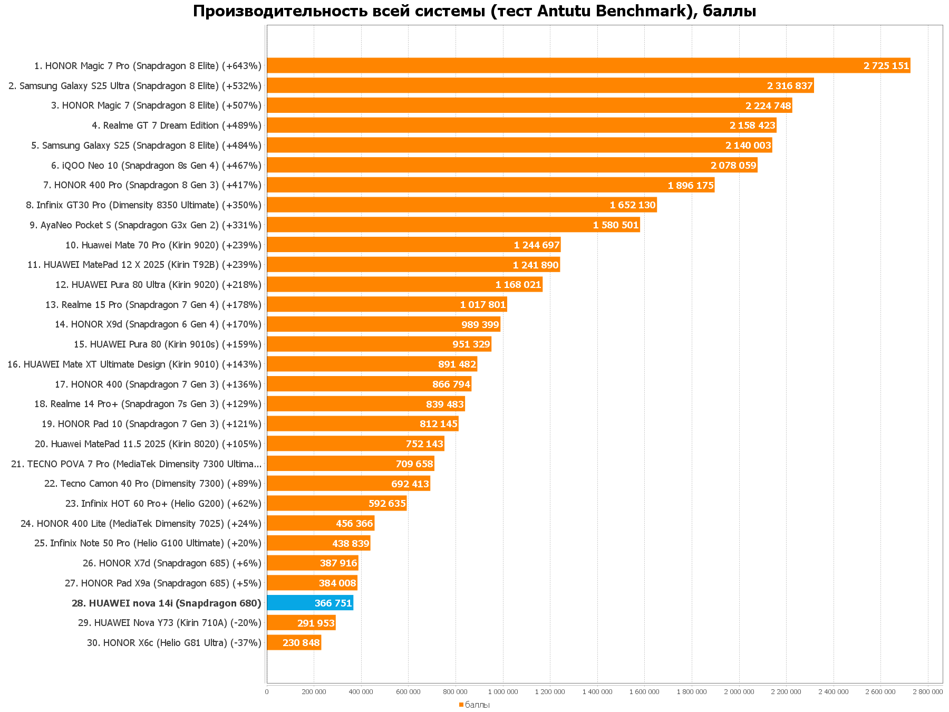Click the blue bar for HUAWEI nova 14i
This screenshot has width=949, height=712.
tap(309, 603)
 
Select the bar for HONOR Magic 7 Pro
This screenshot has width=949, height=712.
tap(588, 65)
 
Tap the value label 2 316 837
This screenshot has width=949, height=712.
tap(790, 85)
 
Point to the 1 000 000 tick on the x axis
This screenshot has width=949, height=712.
tap(502, 691)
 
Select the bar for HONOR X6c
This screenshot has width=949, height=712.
tap(294, 642)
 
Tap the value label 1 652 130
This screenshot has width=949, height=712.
tap(633, 205)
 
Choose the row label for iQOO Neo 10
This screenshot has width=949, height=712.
tap(156, 166)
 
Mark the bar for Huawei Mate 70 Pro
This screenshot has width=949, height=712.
tap(413, 245)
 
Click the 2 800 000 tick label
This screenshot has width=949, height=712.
tap(927, 691)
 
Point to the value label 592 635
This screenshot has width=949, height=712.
tap(387, 504)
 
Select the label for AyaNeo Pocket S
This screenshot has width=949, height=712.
tap(146, 225)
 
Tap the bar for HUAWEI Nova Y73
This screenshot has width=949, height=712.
tap(301, 623)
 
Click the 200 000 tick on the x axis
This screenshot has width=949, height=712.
tap(314, 691)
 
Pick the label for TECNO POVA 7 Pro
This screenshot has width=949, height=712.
tap(136, 464)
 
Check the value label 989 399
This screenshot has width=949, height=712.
tap(480, 324)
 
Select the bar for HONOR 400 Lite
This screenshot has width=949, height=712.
tap(320, 523)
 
